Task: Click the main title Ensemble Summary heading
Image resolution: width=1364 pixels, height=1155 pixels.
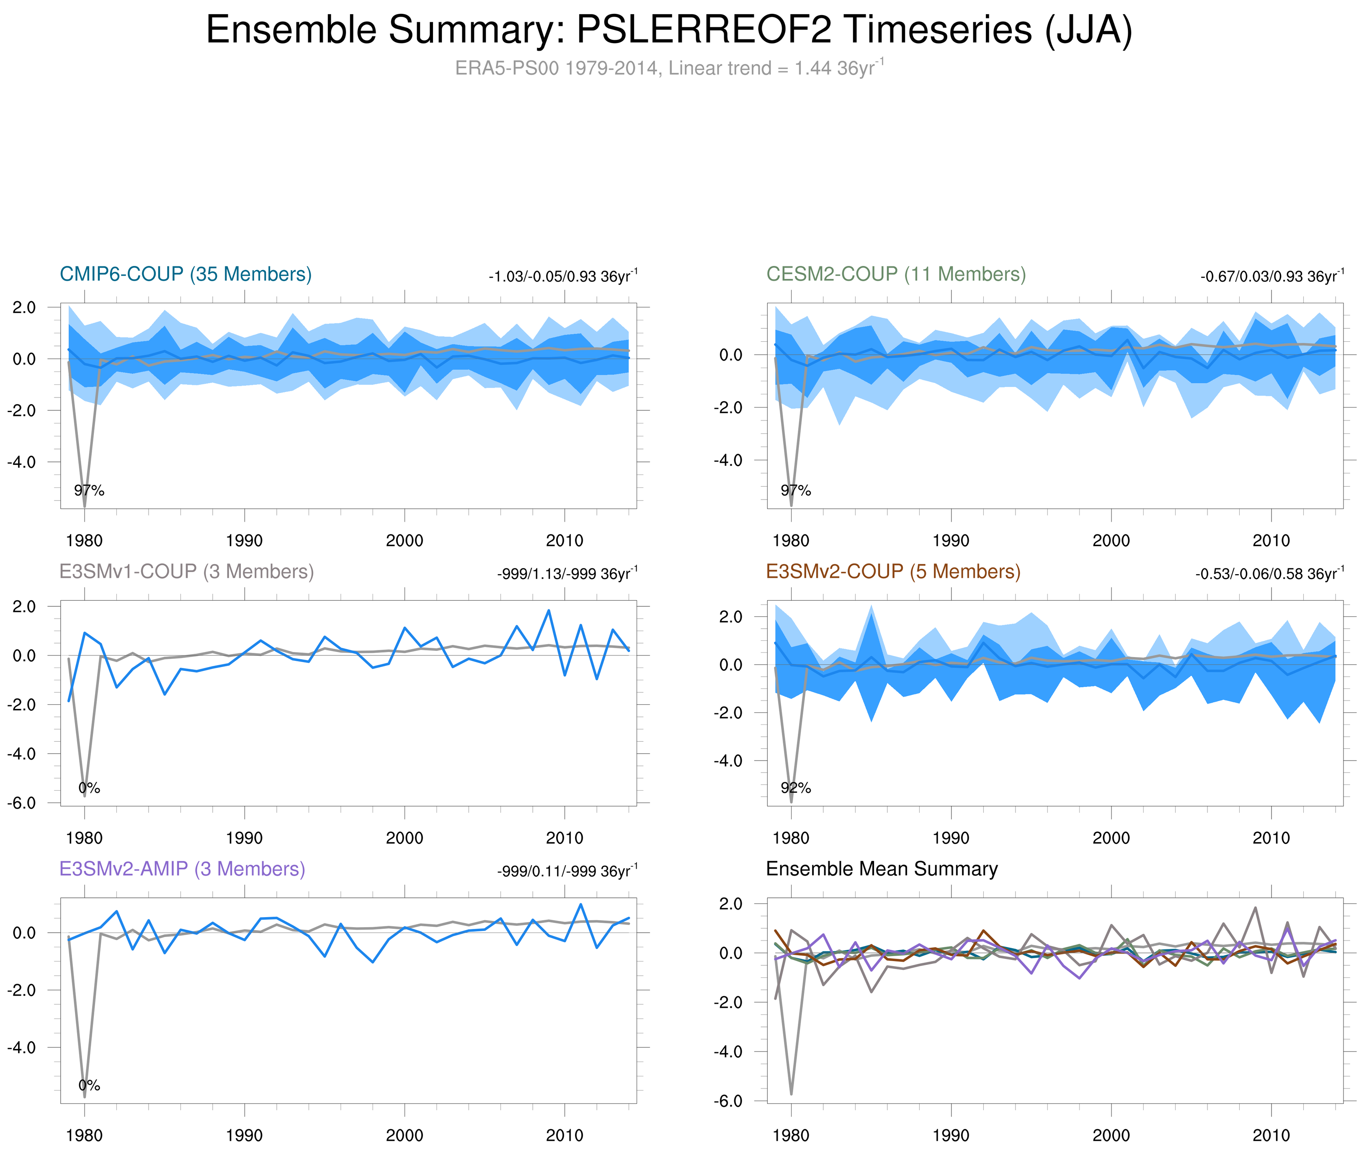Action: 668,30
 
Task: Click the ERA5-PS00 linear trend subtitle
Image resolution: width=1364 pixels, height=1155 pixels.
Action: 668,68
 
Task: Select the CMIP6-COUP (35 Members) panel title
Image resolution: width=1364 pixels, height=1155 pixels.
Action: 186,274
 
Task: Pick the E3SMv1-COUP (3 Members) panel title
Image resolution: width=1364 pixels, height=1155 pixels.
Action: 186,572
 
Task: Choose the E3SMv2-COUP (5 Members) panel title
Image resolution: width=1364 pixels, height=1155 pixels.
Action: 892,572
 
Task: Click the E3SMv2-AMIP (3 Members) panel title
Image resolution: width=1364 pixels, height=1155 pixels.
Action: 182,869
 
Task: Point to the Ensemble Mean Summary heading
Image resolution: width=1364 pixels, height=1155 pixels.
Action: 882,869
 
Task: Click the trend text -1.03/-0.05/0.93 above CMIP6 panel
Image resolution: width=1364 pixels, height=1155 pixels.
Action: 562,276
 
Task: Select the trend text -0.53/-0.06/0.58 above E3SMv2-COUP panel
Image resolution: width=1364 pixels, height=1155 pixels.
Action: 1269,574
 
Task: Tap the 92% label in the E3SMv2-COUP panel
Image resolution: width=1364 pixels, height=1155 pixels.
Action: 796,788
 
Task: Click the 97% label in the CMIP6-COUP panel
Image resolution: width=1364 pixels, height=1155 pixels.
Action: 89,490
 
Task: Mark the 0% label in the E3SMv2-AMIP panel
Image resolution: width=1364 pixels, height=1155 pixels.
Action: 89,1085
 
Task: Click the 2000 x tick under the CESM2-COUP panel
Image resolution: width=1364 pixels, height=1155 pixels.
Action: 1111,541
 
